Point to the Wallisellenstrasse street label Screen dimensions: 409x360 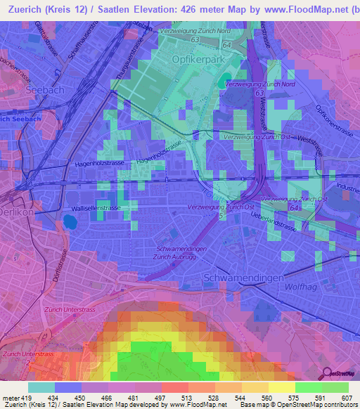(x=97, y=209)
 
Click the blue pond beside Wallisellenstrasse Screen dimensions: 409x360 (x=70, y=223)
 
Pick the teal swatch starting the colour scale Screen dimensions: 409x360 (x=41, y=387)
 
